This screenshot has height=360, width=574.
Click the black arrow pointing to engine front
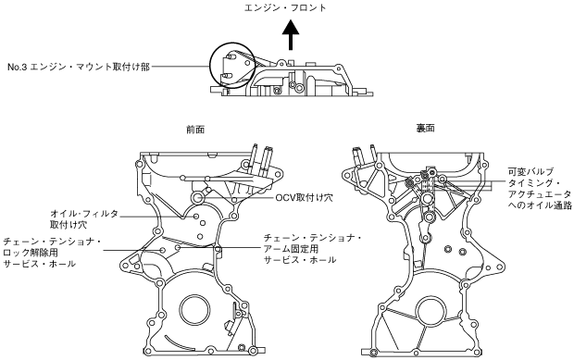click(291, 35)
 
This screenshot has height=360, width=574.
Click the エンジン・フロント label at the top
click(285, 7)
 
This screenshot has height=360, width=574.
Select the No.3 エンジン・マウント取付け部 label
click(79, 67)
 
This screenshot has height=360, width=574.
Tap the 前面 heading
click(195, 130)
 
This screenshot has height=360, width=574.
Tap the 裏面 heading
click(425, 128)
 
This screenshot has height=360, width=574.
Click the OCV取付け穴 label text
click(305, 198)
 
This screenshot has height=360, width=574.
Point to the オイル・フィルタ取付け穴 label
click(84, 218)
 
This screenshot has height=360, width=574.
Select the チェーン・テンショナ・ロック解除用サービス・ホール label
click(52, 253)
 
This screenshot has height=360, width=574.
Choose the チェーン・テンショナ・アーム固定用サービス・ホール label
click(313, 249)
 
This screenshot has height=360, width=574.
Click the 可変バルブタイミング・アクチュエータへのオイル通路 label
click(540, 189)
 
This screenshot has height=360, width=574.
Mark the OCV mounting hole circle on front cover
click(198, 198)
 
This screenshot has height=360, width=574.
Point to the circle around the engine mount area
click(210, 66)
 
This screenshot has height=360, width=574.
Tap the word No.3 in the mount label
click(18, 68)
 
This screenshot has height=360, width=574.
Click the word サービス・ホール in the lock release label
click(39, 264)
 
